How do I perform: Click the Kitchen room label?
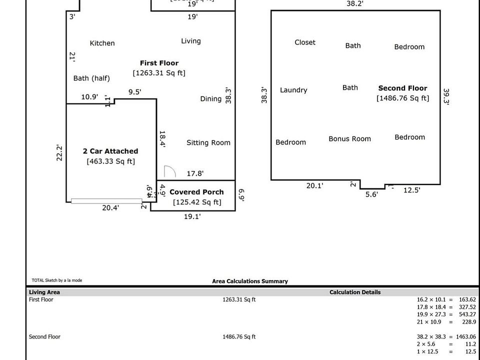(102, 43)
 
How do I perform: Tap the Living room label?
(190, 41)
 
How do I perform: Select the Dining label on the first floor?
(210, 98)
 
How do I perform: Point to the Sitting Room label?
(208, 142)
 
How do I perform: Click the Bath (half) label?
(91, 78)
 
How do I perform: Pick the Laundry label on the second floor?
(293, 90)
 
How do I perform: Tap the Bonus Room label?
(349, 138)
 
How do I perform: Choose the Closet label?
(305, 42)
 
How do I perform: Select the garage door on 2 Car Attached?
(106, 201)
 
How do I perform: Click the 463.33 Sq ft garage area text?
(110, 161)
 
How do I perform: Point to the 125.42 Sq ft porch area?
(196, 202)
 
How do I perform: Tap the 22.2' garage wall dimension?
(59, 152)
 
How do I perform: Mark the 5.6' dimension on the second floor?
(371, 194)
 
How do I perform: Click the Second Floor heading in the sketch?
(402, 88)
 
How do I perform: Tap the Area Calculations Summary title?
(250, 281)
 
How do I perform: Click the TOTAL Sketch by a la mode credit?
(56, 280)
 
